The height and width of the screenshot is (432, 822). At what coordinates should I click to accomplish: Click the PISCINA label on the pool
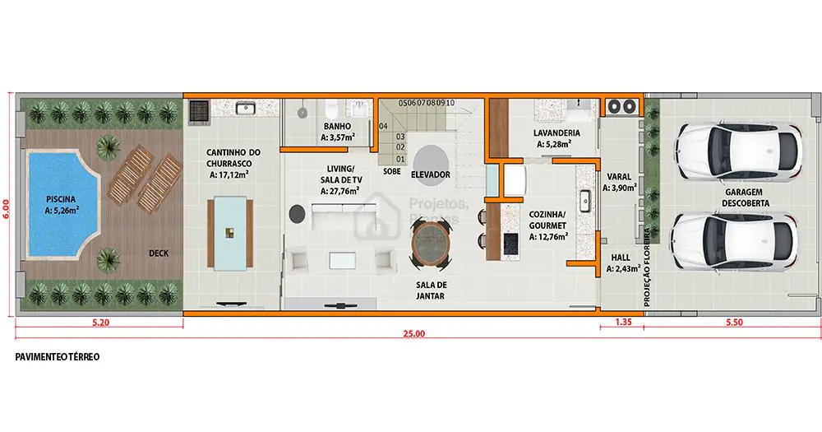pos(61,199)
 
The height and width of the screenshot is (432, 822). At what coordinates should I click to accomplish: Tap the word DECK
pos(159,253)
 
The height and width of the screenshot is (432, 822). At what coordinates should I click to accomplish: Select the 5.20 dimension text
pos(100,323)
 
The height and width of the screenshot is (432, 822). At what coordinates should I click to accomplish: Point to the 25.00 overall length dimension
pos(414,333)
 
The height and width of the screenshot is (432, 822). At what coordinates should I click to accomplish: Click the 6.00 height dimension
pos(7,208)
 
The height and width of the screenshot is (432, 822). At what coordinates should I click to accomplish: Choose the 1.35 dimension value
pos(623,323)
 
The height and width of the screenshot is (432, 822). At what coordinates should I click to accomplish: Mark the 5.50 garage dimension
pos(734,323)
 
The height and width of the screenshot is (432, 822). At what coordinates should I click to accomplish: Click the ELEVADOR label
pos(431,174)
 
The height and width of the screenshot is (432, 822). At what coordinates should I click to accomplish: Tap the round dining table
pos(431,242)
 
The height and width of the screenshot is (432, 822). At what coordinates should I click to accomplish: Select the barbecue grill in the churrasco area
pos(199,111)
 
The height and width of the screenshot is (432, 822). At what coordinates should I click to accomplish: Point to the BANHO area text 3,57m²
pos(338,138)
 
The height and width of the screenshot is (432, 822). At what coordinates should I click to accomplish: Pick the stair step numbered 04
pos(384,127)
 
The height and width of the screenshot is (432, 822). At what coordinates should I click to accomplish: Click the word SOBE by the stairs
pos(391,172)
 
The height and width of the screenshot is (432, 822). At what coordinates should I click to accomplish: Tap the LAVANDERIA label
pos(556,133)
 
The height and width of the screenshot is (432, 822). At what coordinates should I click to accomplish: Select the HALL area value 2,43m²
pos(623,269)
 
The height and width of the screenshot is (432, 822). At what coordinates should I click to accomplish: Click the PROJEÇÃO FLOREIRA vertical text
pos(647,267)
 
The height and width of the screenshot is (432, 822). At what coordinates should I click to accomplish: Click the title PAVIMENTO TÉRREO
pos(58,357)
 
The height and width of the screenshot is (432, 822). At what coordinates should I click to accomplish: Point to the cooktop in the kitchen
pos(510,244)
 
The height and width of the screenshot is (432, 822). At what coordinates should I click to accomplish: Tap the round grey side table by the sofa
pos(298,213)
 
